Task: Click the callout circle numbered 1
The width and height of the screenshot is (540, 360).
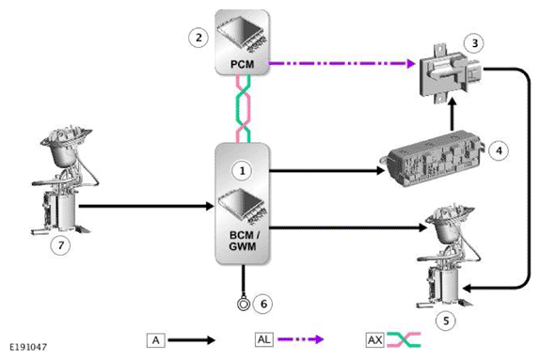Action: point(242,170)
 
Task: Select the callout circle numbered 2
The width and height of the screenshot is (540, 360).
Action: point(199,38)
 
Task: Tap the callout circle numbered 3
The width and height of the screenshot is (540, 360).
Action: point(475,43)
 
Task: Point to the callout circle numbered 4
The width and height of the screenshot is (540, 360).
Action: point(499,150)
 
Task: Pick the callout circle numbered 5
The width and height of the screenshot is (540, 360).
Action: point(446,321)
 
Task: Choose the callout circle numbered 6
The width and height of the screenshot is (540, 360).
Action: point(263,304)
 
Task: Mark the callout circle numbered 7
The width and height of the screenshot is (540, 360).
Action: point(61,245)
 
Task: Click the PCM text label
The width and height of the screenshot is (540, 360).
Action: point(242,64)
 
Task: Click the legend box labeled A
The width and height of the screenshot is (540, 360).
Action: point(155,340)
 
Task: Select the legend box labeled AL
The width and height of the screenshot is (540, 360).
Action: point(264,339)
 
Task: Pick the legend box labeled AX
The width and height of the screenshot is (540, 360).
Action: point(374,339)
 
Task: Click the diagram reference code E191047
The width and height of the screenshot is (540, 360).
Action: point(28,347)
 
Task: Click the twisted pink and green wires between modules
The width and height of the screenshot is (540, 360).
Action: point(243,109)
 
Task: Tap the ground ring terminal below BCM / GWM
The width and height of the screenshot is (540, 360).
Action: point(244,305)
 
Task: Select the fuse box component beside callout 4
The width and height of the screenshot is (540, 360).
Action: point(434,160)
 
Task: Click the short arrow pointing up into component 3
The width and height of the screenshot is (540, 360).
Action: point(453,115)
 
